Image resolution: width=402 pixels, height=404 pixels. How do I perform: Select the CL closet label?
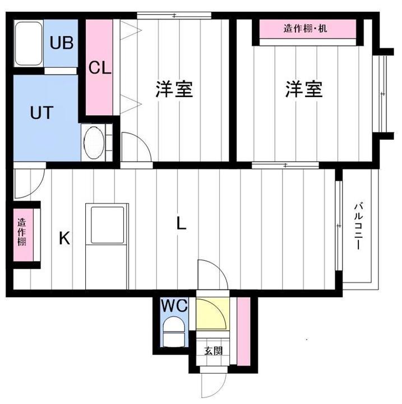101,68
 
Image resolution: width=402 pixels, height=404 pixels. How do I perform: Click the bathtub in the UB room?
29,44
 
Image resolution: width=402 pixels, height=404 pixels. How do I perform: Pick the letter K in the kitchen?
64,240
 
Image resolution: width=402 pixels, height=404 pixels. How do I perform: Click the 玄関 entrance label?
213,352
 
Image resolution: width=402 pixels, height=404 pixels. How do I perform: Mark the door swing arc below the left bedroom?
135,149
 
